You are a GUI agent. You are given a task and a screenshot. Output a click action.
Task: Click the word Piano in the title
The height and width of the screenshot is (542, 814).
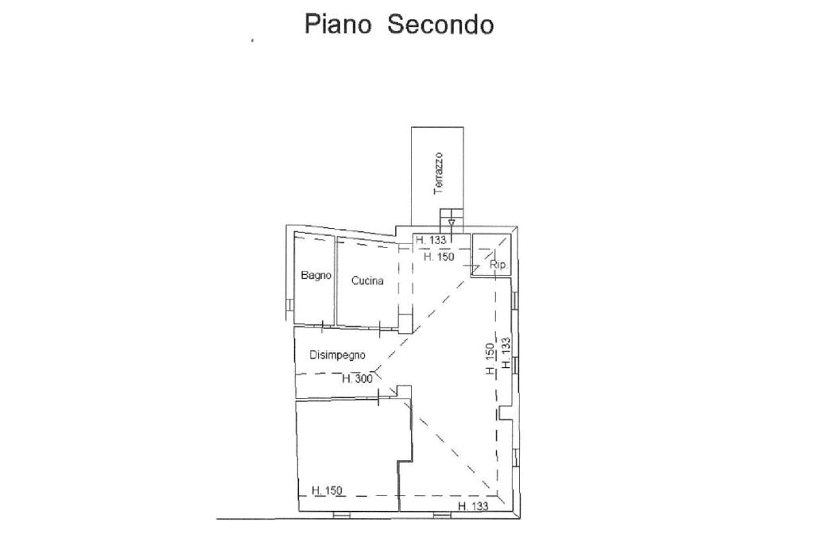(x=338, y=25)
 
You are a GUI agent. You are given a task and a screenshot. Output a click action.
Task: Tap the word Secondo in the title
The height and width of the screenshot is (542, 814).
(x=440, y=25)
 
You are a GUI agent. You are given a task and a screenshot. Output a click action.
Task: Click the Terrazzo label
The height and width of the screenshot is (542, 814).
(x=438, y=174)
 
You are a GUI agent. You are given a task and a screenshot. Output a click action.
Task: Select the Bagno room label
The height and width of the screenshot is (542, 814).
(x=316, y=276)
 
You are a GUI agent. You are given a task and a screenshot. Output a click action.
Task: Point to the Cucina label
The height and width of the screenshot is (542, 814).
(x=367, y=281)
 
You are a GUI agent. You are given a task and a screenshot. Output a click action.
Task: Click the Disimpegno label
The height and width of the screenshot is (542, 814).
(x=337, y=355)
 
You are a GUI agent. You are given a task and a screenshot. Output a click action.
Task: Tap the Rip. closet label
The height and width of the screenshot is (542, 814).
(x=498, y=265)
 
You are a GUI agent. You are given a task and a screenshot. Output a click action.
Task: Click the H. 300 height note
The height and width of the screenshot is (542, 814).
(x=357, y=379)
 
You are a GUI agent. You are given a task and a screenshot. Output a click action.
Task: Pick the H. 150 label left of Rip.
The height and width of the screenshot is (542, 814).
(x=439, y=257)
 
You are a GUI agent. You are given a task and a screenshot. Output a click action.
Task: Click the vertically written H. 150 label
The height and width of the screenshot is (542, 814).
(x=491, y=358)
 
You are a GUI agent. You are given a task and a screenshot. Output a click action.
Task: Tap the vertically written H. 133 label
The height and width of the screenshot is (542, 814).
(x=506, y=353)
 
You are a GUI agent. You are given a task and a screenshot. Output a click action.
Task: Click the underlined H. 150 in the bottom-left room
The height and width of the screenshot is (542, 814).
(x=326, y=490)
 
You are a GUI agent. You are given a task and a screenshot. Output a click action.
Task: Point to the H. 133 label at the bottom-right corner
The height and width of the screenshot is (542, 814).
(x=472, y=505)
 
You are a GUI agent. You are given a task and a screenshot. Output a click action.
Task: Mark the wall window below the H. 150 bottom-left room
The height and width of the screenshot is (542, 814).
(x=341, y=515)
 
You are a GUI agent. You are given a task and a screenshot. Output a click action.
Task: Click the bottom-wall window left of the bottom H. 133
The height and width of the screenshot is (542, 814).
(x=441, y=515)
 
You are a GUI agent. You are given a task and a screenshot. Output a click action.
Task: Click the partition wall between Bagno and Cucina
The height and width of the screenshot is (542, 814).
(x=335, y=282)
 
